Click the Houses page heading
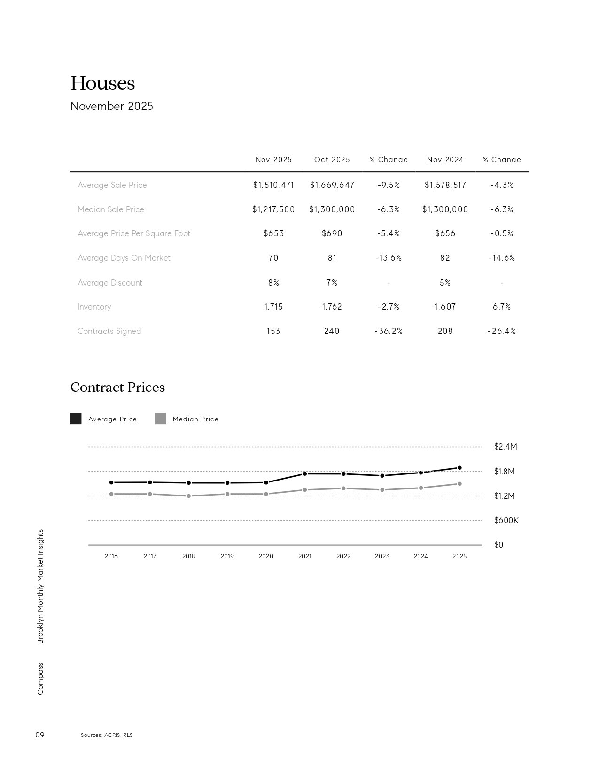pos(102,84)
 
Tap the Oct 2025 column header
pos(332,160)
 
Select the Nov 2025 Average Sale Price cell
pos(273,185)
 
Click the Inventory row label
pos(94,307)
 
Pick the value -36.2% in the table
pos(389,331)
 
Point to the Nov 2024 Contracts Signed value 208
pos(445,331)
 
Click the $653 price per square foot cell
pos(273,233)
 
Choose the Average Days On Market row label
pos(124,258)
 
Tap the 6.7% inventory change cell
pos(502,307)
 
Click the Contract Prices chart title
pos(117,387)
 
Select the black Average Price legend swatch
pos(76,418)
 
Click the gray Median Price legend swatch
pos(160,418)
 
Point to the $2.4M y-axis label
pos(506,447)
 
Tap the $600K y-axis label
pos(506,520)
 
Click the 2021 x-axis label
pos(304,556)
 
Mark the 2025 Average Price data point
pos(459,468)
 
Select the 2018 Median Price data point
pos(188,496)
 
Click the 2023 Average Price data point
pos(382,476)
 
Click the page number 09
pos(40,735)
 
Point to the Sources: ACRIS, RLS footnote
pos(107,735)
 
